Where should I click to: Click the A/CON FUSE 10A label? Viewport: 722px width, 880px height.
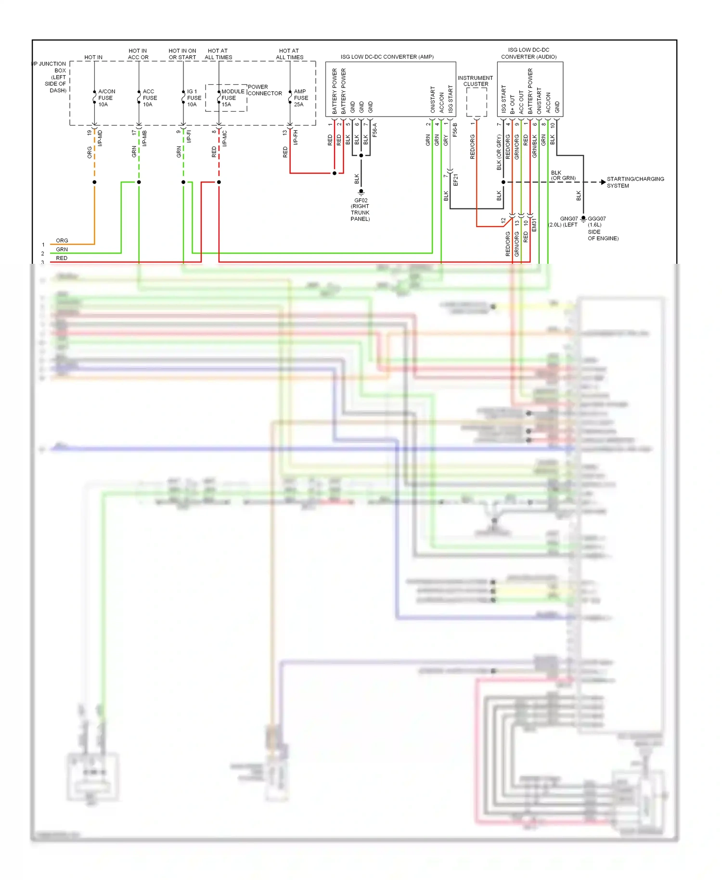[106, 98]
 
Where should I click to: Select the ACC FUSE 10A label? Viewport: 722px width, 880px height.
[149, 98]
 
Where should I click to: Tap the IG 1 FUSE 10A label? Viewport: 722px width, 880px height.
[193, 98]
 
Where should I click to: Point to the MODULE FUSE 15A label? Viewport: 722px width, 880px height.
[232, 98]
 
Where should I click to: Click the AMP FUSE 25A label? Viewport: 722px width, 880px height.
[300, 98]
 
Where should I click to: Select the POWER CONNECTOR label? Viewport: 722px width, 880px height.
[264, 90]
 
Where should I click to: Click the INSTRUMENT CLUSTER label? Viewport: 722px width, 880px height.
[475, 81]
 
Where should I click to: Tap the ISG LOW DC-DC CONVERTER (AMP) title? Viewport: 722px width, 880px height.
[387, 57]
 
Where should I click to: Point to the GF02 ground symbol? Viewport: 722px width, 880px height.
[361, 192]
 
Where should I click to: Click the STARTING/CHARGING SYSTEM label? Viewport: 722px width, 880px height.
[635, 182]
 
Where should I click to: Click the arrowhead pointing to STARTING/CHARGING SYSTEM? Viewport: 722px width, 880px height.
[603, 182]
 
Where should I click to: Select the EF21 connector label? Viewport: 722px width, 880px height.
[455, 180]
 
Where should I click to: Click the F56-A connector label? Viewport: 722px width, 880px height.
[375, 130]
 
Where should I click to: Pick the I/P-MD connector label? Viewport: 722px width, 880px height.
[100, 138]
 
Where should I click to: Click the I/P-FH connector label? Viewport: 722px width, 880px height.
[296, 137]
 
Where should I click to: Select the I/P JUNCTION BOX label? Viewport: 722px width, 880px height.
[50, 77]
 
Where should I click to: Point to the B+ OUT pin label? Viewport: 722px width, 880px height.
[512, 104]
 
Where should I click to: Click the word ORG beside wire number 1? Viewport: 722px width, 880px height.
[62, 240]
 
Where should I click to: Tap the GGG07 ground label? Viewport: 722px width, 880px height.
[596, 219]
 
